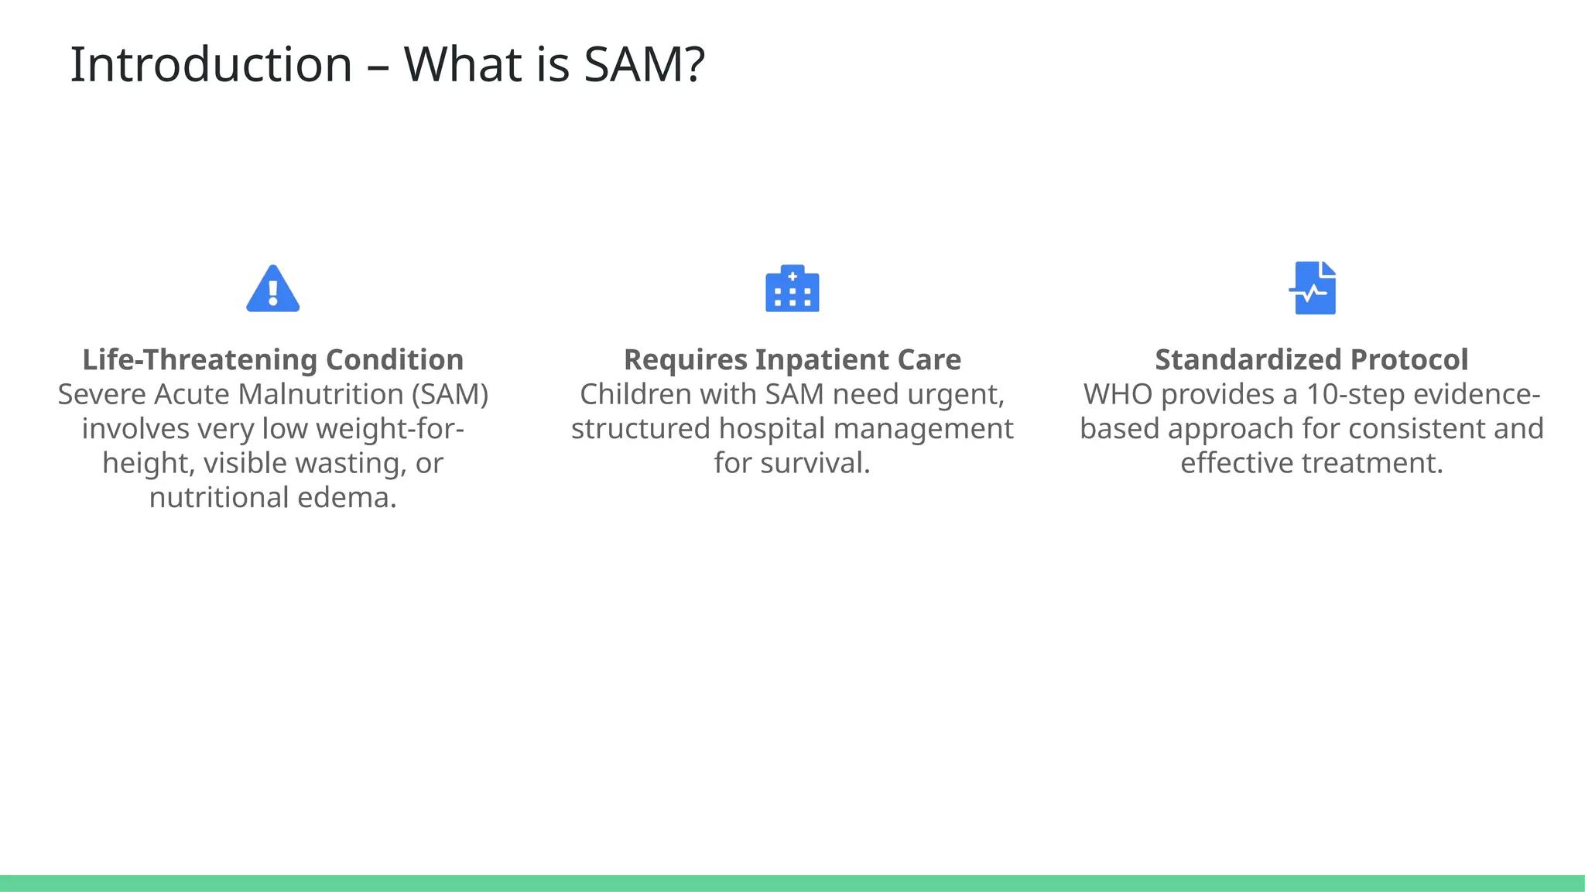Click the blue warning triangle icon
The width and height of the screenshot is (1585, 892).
click(272, 290)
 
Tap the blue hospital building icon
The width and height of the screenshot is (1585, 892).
click(792, 289)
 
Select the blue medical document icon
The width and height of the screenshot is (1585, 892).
click(1313, 288)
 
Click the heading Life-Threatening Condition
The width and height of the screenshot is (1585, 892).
click(272, 360)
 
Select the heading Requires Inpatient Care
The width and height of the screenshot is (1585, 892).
click(792, 360)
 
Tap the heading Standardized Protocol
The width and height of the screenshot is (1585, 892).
click(1311, 360)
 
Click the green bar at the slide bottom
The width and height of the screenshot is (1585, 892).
click(792, 883)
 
